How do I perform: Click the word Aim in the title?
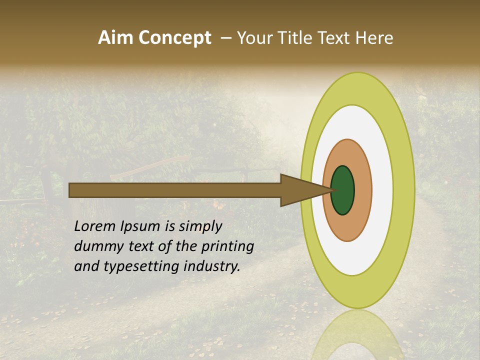click(x=116, y=38)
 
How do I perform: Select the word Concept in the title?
click(x=174, y=38)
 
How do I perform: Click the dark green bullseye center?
click(x=342, y=190)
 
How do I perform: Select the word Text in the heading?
click(x=336, y=38)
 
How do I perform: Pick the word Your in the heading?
click(x=254, y=38)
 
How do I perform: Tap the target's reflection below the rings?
click(x=358, y=335)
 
